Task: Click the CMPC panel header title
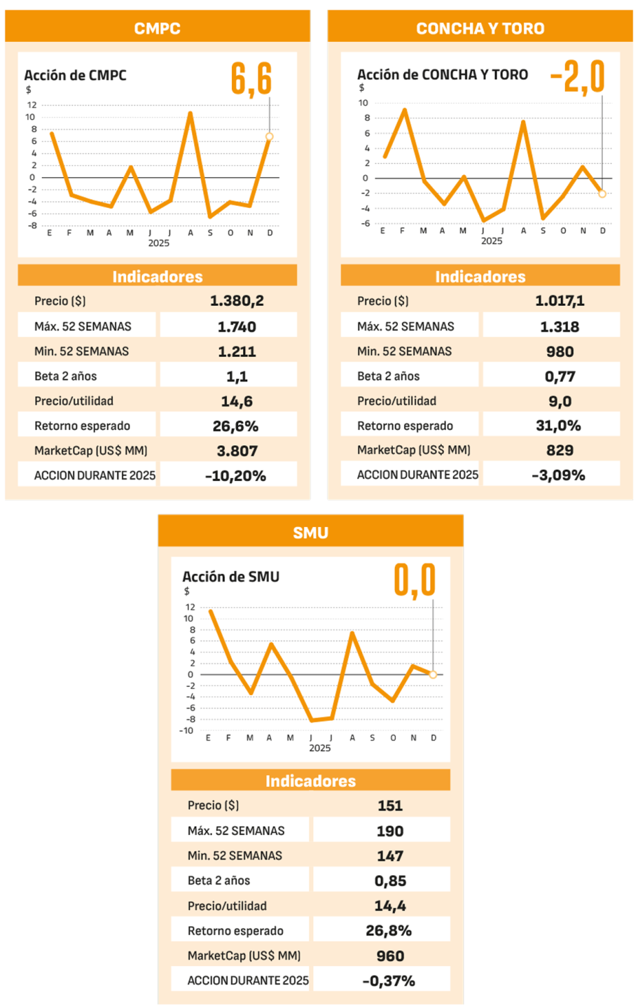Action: pyautogui.click(x=158, y=29)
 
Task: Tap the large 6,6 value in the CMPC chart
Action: pyautogui.click(x=251, y=78)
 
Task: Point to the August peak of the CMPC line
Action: pyautogui.click(x=190, y=113)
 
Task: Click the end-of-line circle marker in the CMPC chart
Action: pyautogui.click(x=270, y=136)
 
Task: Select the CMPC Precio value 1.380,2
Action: pyautogui.click(x=237, y=301)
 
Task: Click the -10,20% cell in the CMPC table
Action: pyautogui.click(x=235, y=476)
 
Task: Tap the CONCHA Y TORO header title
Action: pyautogui.click(x=480, y=29)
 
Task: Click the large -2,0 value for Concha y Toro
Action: pyautogui.click(x=577, y=77)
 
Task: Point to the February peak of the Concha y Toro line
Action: pyautogui.click(x=404, y=110)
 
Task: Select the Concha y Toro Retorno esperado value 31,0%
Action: pyautogui.click(x=558, y=426)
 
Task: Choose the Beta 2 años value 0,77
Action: pyautogui.click(x=560, y=376)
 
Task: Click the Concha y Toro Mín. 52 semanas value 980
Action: pyautogui.click(x=560, y=351)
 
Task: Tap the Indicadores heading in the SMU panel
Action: pyautogui.click(x=310, y=780)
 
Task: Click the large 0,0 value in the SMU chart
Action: pyautogui.click(x=415, y=580)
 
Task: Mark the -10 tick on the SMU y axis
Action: pyautogui.click(x=186, y=731)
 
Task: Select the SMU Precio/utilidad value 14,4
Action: pyautogui.click(x=390, y=906)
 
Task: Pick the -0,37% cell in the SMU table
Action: pyautogui.click(x=389, y=981)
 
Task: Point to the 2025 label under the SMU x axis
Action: pyautogui.click(x=320, y=748)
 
